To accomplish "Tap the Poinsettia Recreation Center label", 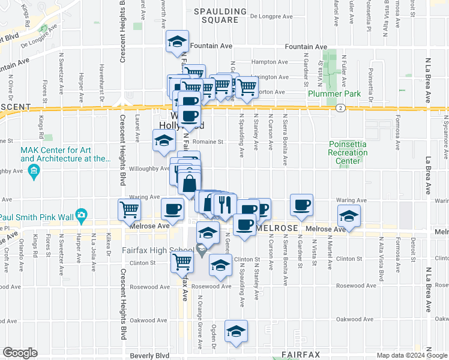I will pyautogui.click(x=348, y=152).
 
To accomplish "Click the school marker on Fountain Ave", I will pyautogui.click(x=177, y=41).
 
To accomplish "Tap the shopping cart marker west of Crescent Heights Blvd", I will pyautogui.click(x=130, y=210).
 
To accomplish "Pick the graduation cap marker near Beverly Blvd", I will pyautogui.click(x=237, y=331).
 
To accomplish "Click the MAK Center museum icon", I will pyautogui.click(x=33, y=173).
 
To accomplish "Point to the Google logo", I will pyautogui.click(x=20, y=353).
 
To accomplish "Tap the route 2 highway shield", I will pyautogui.click(x=340, y=108).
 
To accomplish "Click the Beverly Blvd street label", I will pyautogui.click(x=149, y=355).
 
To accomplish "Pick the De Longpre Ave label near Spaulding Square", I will pyautogui.click(x=270, y=17).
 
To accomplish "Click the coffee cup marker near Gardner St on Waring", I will pyautogui.click(x=301, y=205).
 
